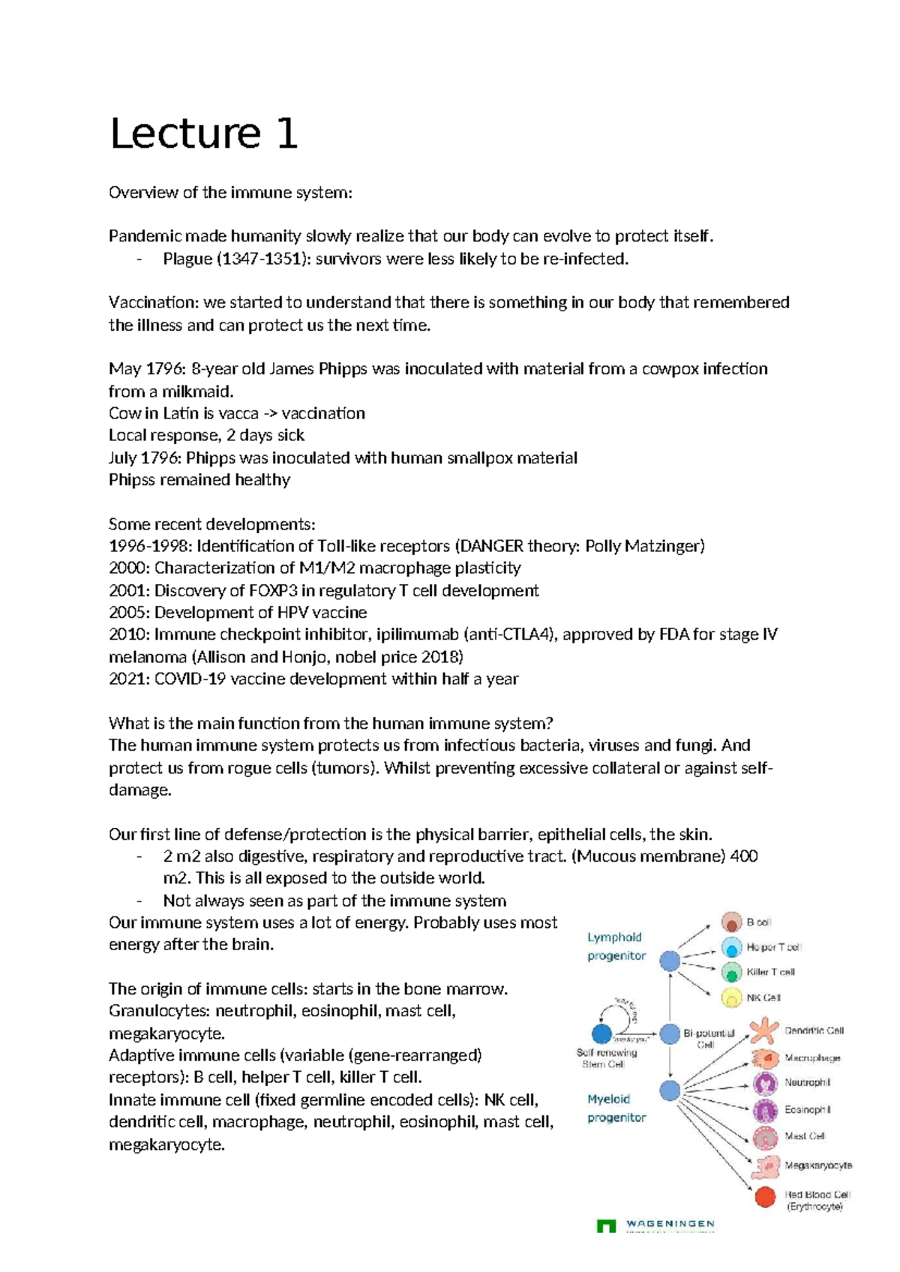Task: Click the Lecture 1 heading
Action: click(x=203, y=134)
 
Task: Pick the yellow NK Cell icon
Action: click(x=731, y=997)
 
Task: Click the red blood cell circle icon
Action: click(x=765, y=1196)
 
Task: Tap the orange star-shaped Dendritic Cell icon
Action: click(x=764, y=1031)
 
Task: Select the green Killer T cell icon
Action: click(x=731, y=973)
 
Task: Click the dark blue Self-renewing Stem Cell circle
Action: click(x=601, y=1034)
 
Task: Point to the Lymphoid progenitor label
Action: click(x=616, y=946)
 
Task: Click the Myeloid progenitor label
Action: click(x=616, y=1108)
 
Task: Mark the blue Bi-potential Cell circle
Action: click(x=670, y=1034)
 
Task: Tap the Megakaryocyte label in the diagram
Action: click(x=817, y=1165)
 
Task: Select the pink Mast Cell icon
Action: click(x=765, y=1138)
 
